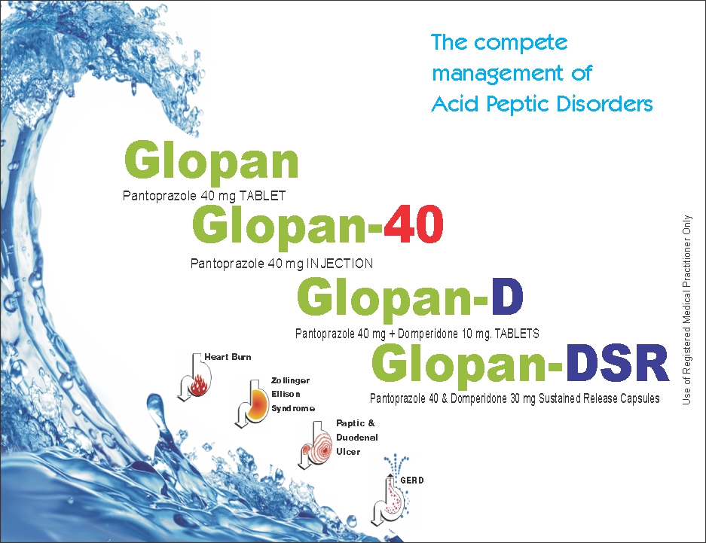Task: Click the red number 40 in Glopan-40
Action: coord(414,224)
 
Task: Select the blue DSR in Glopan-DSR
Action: coord(616,364)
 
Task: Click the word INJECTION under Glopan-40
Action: coord(340,263)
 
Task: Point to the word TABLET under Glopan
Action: coord(262,196)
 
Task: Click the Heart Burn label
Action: coord(228,357)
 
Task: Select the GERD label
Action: coord(412,480)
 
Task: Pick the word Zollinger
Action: coord(290,380)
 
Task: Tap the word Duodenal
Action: coord(357,438)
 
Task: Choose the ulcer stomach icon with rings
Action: coord(315,445)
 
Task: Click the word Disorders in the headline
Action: coord(604,104)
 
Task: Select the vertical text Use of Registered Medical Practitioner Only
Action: coord(686,310)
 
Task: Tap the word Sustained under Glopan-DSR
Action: coord(560,398)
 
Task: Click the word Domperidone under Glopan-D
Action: coord(428,334)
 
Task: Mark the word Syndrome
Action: coord(292,408)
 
